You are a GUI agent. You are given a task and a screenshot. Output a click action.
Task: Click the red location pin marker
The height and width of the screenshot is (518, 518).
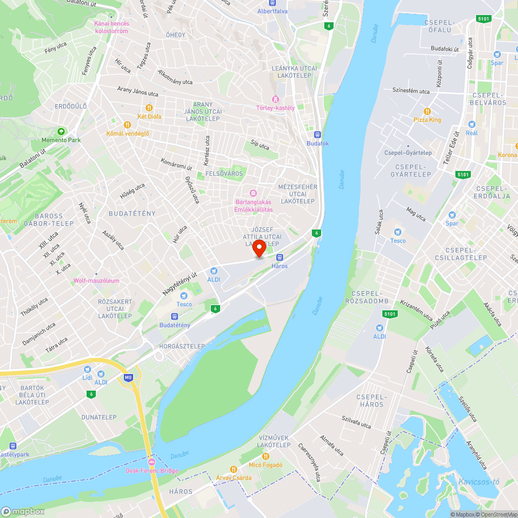coord(258,249)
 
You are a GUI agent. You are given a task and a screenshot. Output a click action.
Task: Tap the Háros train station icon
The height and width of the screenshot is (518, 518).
coord(280,257)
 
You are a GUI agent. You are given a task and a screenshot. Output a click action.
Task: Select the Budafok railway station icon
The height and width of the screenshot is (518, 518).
coord(310,135)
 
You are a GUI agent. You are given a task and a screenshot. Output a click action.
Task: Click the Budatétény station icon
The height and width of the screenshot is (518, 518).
coord(175,316)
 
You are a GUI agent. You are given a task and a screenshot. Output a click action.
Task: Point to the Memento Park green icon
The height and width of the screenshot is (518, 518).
coord(61,132)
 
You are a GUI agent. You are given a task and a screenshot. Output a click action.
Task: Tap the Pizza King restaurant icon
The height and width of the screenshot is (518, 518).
coord(427,111)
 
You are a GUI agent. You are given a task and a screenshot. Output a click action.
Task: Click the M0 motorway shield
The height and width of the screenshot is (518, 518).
coord(128,378)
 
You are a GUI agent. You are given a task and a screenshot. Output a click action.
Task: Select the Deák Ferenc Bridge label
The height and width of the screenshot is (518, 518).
coord(152,470)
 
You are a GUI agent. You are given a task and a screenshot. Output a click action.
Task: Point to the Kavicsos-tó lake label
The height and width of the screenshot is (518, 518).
coord(479,482)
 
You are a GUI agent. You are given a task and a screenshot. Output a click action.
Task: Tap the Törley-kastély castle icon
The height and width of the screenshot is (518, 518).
coord(275,99)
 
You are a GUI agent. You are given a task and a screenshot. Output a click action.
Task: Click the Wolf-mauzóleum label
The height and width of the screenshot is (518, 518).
coord(96,281)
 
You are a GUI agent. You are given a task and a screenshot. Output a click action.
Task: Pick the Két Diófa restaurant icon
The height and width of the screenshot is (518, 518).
coord(149,108)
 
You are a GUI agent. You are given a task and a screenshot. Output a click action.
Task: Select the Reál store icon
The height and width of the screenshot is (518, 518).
coord(471,124)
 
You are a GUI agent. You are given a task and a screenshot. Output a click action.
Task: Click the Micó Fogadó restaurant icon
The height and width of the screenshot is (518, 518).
coord(266,456)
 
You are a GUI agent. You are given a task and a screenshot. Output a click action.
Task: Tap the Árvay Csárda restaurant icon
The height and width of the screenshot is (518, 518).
coord(233,469)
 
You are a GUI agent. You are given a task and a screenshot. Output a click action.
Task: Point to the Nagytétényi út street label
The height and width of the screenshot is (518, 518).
coord(180,284)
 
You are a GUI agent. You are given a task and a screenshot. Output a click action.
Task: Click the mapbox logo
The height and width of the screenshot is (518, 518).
coord(23,511)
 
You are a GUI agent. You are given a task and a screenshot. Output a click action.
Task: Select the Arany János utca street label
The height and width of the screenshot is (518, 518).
coord(138,92)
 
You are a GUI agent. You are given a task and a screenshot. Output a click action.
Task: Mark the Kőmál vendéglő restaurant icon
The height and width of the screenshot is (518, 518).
coord(127,124)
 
